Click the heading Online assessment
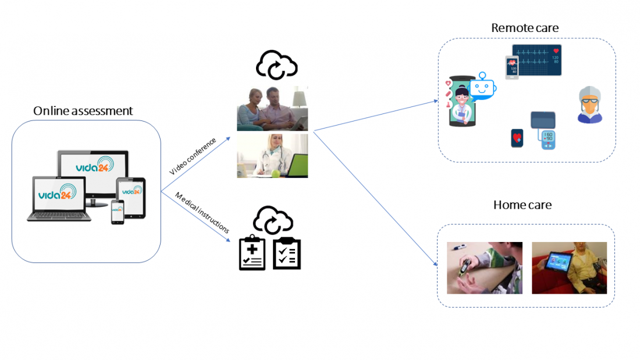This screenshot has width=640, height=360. (83, 111)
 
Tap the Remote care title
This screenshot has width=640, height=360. (525, 28)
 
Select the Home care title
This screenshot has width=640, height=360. (522, 205)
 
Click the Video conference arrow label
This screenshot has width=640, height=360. (193, 156)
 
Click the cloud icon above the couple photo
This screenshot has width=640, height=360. (277, 65)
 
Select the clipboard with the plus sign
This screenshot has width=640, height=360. (252, 254)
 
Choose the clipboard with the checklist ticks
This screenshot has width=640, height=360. (287, 253)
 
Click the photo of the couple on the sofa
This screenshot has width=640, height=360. (272, 108)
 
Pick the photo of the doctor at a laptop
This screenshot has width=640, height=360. (272, 156)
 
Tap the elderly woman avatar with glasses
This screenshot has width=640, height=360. (589, 105)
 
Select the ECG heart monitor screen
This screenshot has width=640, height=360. (536, 60)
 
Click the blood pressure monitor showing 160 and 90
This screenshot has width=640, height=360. (547, 140)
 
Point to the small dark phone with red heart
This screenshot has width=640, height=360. (517, 138)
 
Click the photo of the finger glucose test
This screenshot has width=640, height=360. (484, 268)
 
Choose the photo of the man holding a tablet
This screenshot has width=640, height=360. (569, 268)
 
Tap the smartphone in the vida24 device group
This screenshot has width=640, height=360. (118, 212)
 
